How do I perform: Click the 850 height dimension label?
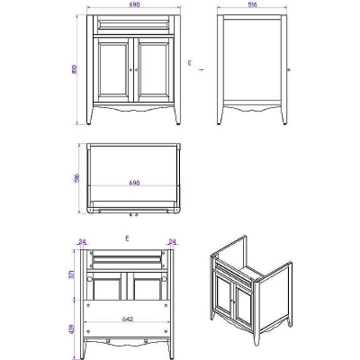76,69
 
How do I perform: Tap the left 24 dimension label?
82,240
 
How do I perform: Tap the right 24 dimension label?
174,240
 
